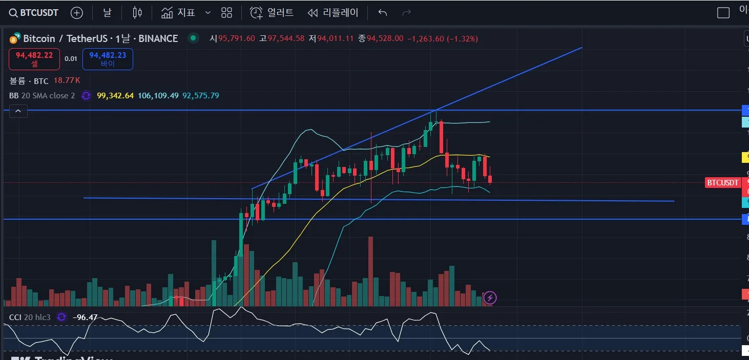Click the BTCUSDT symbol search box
point(34,13)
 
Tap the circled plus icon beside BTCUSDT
point(76,13)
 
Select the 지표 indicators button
point(178,13)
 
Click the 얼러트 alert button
point(272,13)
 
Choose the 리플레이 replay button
point(333,13)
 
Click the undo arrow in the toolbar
point(383,13)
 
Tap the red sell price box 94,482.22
point(34,59)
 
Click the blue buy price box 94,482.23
point(108,59)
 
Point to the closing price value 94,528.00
point(385,38)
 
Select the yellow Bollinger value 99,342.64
point(115,96)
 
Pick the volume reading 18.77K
point(67,80)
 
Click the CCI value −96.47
point(85,317)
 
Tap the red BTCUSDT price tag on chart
point(722,183)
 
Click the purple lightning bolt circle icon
point(490,298)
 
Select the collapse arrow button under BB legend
point(18,111)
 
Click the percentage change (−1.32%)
point(463,38)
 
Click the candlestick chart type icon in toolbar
point(137,13)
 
